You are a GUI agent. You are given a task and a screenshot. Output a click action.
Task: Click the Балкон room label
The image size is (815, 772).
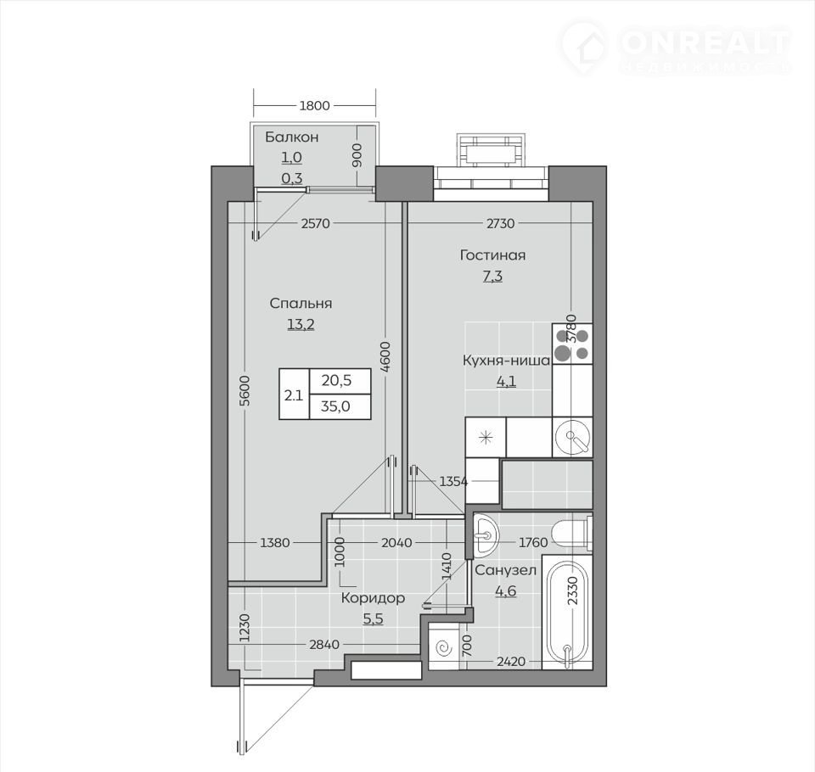tap(291, 137)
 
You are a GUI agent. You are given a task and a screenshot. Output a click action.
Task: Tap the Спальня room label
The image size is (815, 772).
tap(301, 304)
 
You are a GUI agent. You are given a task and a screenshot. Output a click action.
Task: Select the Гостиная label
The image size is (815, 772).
tap(492, 255)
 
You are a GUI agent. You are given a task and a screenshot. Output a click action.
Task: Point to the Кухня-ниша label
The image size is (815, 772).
tap(506, 361)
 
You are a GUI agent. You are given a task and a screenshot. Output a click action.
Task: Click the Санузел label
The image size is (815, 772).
tap(505, 570)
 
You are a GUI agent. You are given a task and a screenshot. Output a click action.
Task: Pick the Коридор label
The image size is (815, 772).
tap(373, 598)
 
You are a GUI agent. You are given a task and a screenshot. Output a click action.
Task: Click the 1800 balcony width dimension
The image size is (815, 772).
tap(314, 105)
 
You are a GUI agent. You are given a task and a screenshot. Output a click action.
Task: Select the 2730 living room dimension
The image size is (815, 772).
tap(500, 223)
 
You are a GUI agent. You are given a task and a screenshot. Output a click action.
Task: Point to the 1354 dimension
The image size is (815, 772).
tap(453, 482)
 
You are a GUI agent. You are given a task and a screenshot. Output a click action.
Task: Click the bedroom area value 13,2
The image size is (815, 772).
tap(301, 325)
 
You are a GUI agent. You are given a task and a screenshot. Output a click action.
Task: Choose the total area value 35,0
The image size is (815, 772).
tap(335, 406)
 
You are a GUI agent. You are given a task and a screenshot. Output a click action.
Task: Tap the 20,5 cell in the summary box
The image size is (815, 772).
tap(336, 381)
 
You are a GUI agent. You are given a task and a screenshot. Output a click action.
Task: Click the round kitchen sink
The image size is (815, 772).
tap(571, 438)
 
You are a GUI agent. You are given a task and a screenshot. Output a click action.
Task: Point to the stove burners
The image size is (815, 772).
tap(571, 344)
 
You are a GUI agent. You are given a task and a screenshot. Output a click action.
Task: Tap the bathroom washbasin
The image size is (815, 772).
tap(486, 534)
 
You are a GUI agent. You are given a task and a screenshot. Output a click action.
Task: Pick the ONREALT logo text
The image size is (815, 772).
tap(705, 42)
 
